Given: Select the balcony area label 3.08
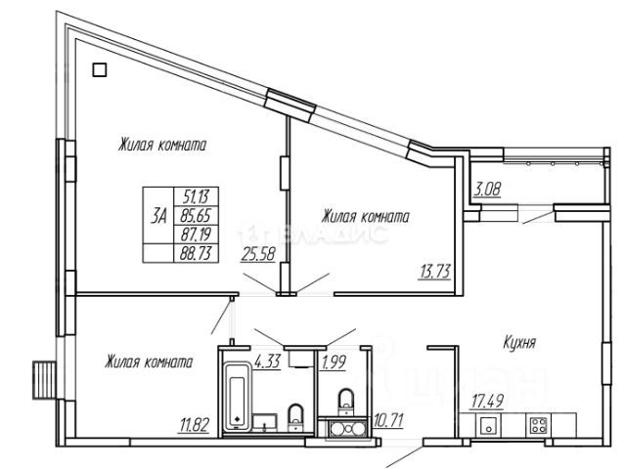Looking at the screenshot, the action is click(x=487, y=190).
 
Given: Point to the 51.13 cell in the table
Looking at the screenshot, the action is click(x=196, y=194).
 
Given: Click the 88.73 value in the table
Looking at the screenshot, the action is click(x=196, y=253).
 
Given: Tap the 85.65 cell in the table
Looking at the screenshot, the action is click(x=196, y=215).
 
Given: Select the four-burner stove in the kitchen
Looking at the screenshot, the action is click(x=537, y=425).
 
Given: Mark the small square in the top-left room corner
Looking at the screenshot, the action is click(x=98, y=69).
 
